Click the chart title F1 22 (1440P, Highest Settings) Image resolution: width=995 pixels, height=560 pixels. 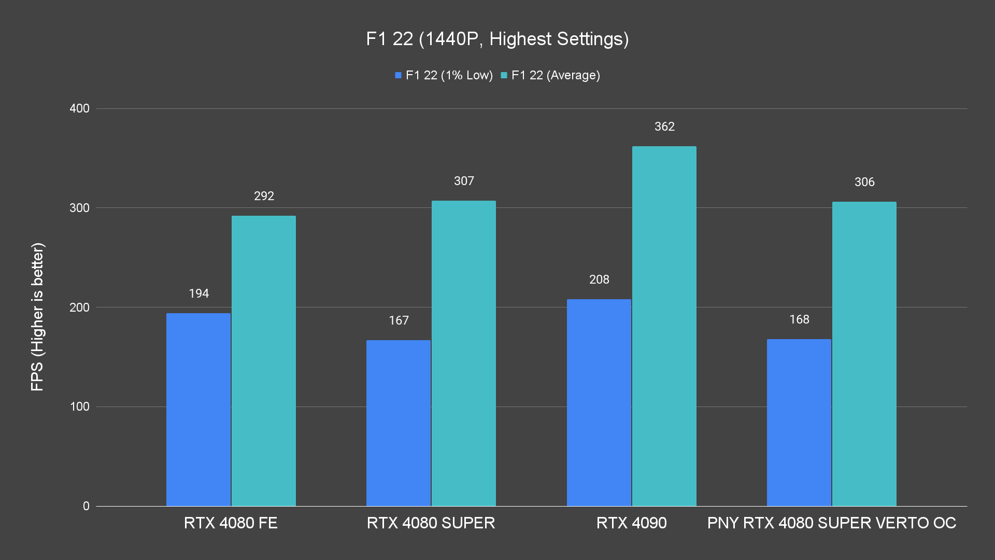[x=497, y=39]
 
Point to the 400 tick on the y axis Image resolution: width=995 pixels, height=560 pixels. [x=79, y=108]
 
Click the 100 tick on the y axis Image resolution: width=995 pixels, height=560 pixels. [x=79, y=407]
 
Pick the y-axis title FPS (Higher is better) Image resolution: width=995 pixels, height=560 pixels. [x=37, y=316]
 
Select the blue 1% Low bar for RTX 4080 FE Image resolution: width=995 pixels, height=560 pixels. [x=198, y=410]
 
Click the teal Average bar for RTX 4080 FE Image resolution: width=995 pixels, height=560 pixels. [x=264, y=361]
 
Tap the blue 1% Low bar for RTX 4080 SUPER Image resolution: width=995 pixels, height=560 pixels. [x=399, y=423]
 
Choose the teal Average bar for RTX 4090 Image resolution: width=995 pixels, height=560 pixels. [x=664, y=326]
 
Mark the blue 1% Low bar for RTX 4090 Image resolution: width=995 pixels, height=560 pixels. [x=599, y=402]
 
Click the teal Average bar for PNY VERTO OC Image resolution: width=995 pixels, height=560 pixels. [x=864, y=354]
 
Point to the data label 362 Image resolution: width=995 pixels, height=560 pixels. [x=664, y=127]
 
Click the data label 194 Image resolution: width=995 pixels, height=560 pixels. [x=199, y=293]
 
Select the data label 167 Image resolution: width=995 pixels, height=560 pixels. [x=399, y=320]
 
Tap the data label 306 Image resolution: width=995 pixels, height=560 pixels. [x=864, y=182]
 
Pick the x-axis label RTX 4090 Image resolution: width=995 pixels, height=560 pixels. [x=631, y=523]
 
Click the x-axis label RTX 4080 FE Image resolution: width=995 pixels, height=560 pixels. [x=231, y=523]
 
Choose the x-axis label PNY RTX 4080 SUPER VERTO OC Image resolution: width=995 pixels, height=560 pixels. [x=831, y=523]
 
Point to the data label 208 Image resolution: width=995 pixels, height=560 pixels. [x=599, y=279]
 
